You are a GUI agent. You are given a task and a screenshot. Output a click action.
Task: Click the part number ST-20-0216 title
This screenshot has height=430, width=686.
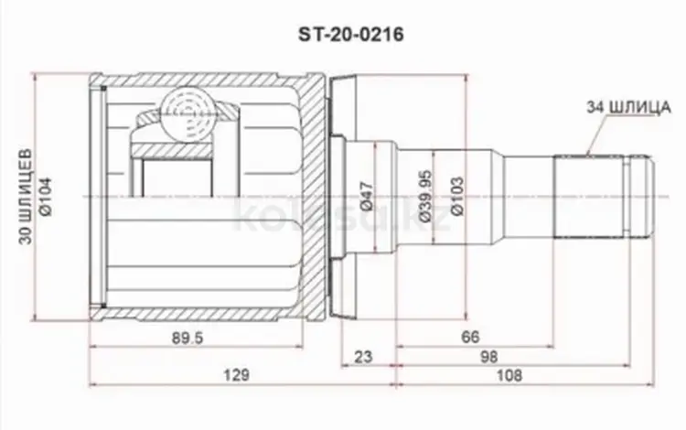(351, 35)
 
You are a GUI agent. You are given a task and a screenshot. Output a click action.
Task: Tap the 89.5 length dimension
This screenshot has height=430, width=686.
(188, 338)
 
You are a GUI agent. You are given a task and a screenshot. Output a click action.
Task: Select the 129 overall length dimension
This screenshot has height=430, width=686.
(236, 375)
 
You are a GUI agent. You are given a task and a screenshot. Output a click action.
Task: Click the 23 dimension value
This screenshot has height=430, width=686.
(363, 357)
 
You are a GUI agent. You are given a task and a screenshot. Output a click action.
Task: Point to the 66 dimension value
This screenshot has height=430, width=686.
(471, 337)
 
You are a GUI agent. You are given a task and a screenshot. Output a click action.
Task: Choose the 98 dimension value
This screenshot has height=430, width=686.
(488, 357)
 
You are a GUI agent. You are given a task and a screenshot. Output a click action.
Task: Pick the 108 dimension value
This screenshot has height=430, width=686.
(509, 375)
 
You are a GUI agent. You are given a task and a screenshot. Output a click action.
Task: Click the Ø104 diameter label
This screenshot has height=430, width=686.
(46, 197)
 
